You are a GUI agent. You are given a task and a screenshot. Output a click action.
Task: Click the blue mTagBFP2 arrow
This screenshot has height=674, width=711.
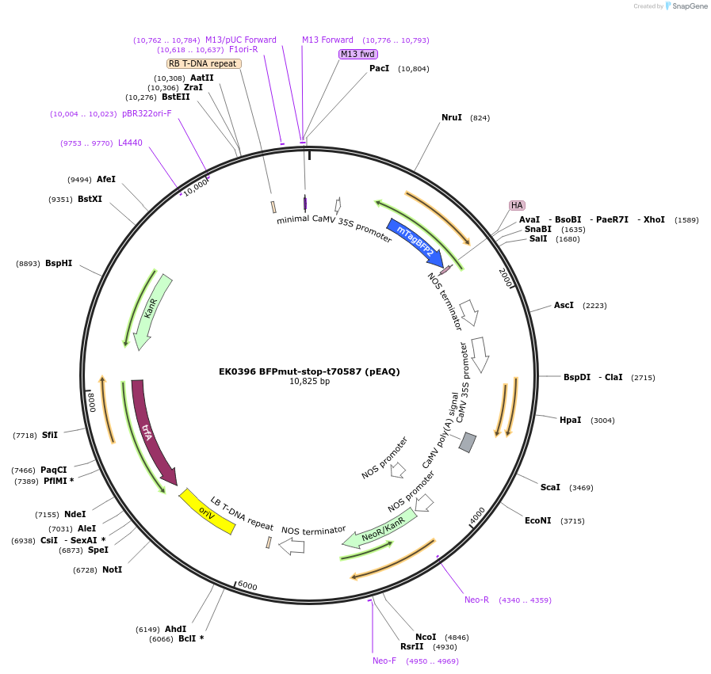pyautogui.click(x=414, y=242)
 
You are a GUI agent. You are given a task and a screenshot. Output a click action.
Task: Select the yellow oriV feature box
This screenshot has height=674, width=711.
pyautogui.click(x=207, y=511)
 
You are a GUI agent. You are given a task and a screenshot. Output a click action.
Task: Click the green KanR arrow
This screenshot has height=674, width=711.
pyautogui.click(x=153, y=309)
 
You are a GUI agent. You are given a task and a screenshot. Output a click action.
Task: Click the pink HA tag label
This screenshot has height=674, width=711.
pyautogui.click(x=517, y=205)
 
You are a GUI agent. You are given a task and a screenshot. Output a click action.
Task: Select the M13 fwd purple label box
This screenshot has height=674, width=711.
pyautogui.click(x=357, y=54)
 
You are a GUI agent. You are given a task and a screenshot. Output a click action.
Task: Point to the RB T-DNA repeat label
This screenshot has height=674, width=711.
pyautogui.click(x=204, y=63)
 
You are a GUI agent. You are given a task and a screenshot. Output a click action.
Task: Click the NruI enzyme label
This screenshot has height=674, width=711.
pyautogui.click(x=452, y=117)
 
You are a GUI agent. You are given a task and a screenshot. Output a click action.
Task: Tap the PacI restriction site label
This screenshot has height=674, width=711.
pyautogui.click(x=379, y=68)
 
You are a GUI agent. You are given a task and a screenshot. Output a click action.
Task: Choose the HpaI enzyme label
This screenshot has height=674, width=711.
pyautogui.click(x=570, y=420)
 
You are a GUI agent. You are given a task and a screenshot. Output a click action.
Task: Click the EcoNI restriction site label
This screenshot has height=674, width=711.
pyautogui.click(x=538, y=520)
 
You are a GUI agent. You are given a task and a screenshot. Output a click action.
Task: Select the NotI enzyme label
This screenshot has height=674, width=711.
pyautogui.click(x=112, y=569)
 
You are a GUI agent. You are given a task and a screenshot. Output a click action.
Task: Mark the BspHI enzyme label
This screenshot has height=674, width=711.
pyautogui.click(x=59, y=263)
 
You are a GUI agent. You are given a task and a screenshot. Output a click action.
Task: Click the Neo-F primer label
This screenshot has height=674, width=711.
pyautogui.click(x=384, y=661)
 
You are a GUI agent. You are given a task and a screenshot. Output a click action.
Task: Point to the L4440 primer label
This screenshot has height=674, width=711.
pyautogui.click(x=130, y=143)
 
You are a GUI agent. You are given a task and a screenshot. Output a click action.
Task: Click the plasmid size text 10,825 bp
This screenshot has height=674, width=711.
pyautogui.click(x=309, y=381)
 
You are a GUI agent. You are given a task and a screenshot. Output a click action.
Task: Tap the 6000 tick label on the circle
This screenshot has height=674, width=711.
pyautogui.click(x=247, y=586)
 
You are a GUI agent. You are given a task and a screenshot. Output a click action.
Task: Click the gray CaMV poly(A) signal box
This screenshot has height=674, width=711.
pyautogui.click(x=468, y=442)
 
